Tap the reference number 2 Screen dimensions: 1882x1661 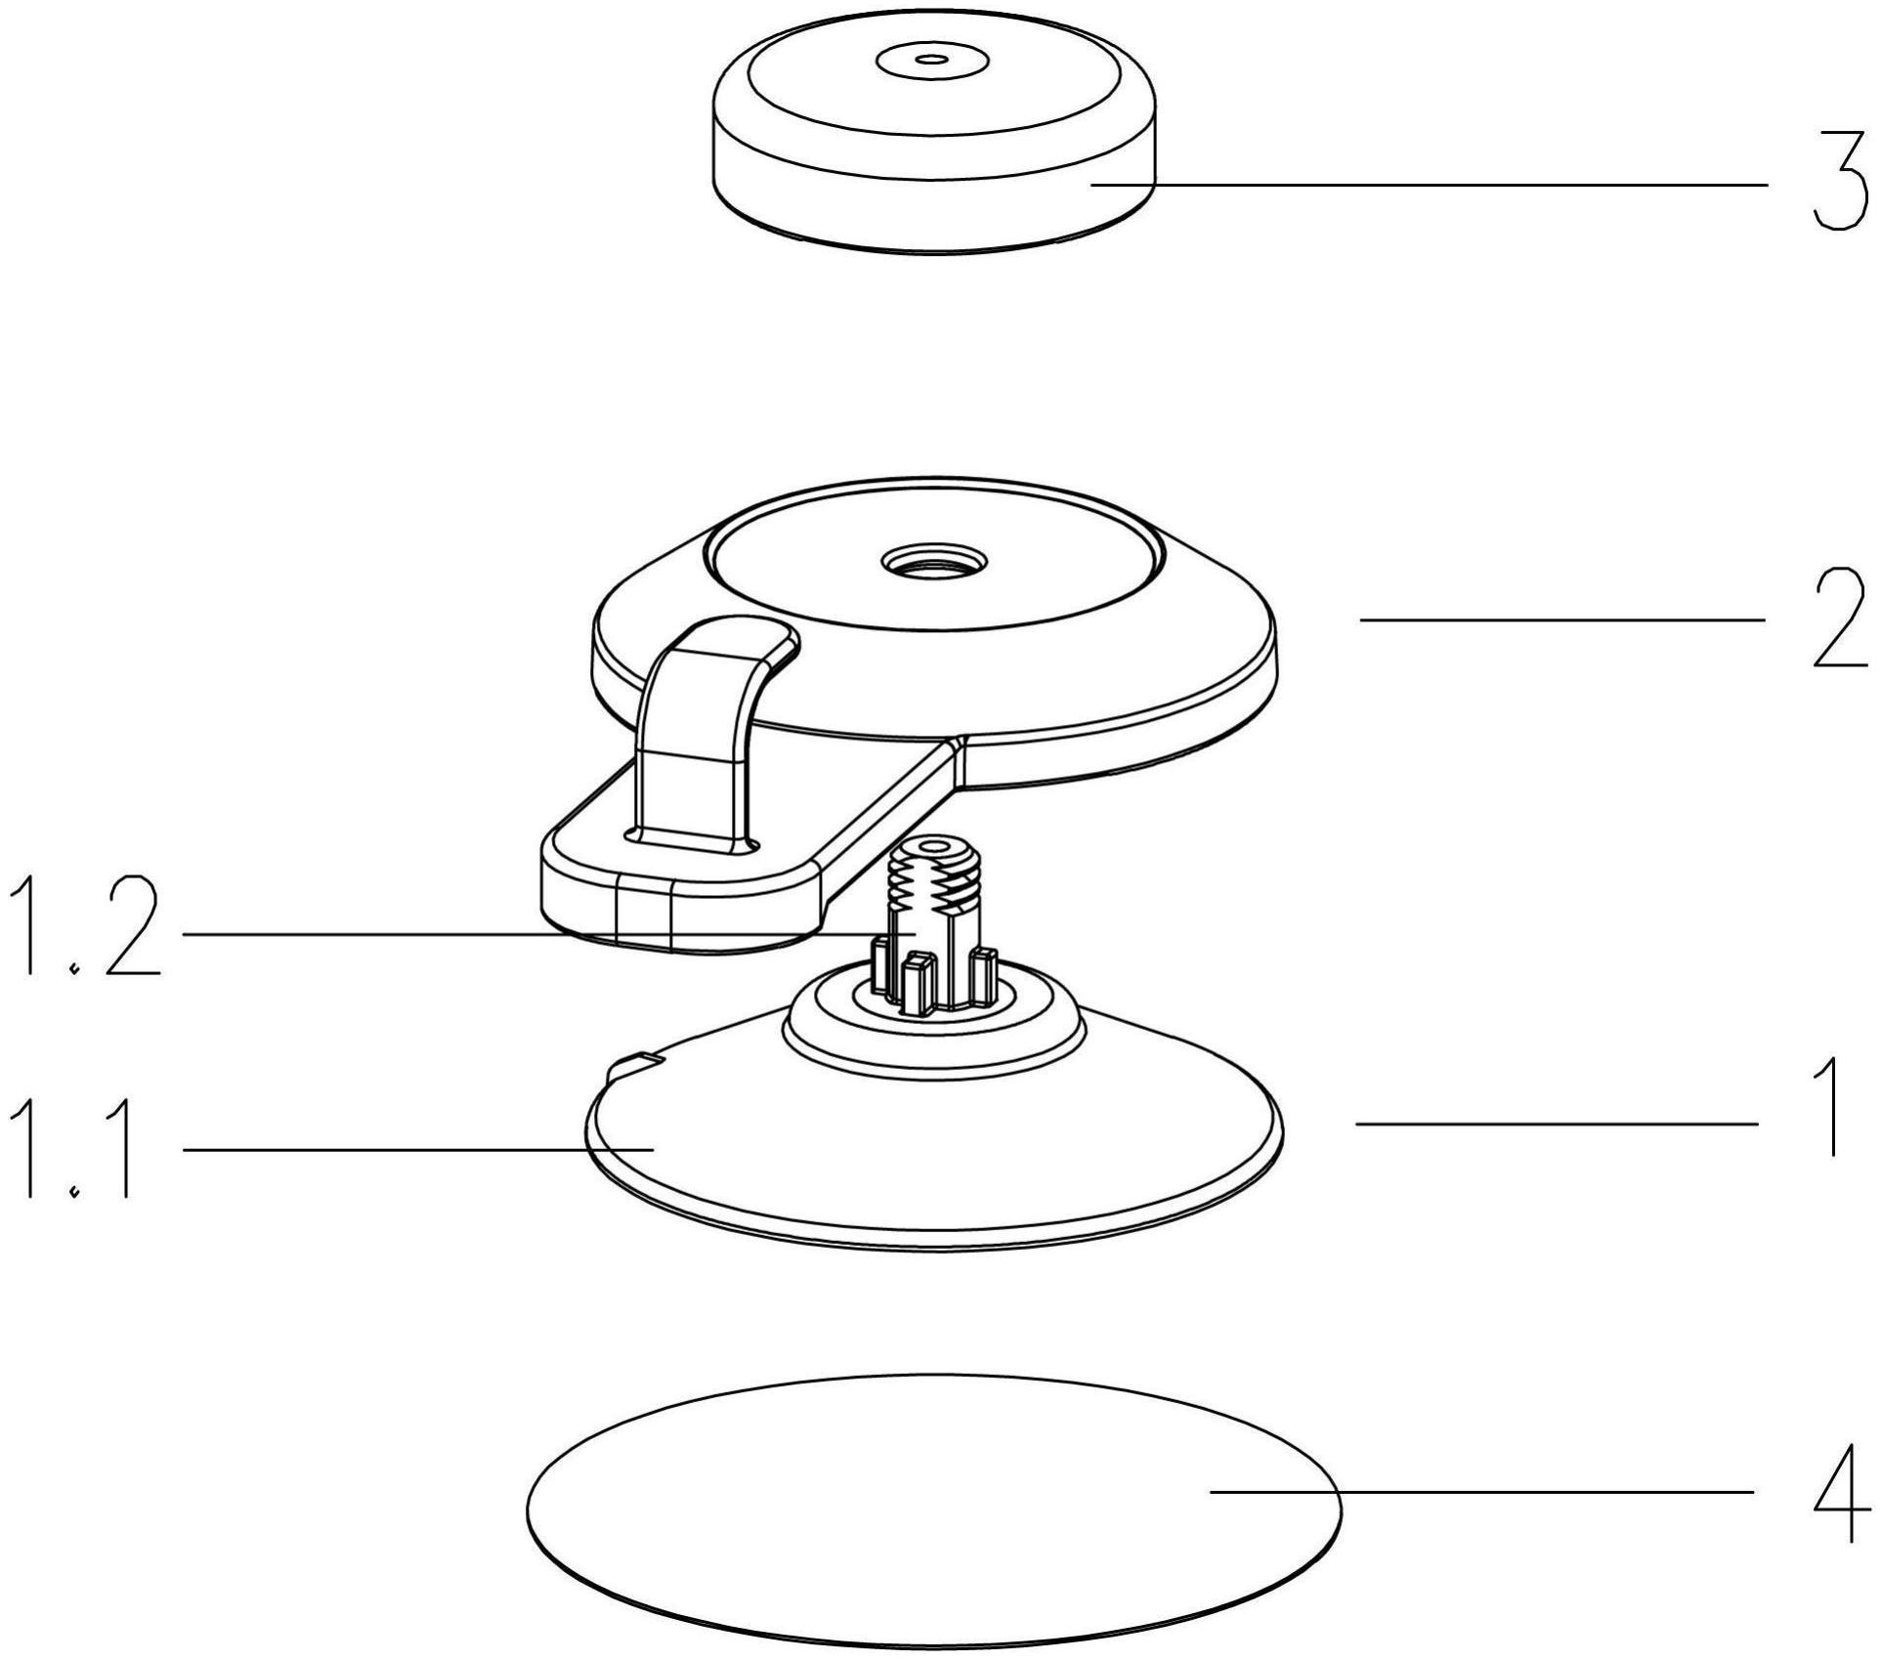point(1840,619)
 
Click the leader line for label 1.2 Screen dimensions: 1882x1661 point(547,934)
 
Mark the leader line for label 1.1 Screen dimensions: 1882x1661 point(418,1150)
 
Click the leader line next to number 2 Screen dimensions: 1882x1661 point(1562,619)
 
